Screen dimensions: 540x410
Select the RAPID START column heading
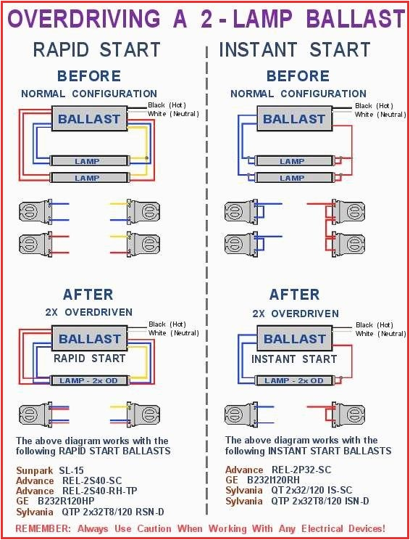pos(96,49)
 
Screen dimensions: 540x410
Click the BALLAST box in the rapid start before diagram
pos(90,119)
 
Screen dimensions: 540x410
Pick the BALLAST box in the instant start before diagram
pos(294,119)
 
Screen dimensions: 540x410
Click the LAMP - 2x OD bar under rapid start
pos(90,380)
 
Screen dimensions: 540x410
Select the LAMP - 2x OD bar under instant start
pos(293,380)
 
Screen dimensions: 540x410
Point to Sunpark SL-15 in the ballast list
pos(50,470)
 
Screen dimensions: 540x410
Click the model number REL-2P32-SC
pos(299,470)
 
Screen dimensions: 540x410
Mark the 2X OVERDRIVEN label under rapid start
pos(89,312)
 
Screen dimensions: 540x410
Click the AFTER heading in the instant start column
pos(294,294)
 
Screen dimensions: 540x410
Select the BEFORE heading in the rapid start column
pos(89,75)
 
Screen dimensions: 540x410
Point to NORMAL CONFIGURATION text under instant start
pos(298,94)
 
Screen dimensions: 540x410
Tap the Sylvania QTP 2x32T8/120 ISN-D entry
pos(297,501)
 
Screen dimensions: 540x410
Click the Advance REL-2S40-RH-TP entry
pos(75,491)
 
